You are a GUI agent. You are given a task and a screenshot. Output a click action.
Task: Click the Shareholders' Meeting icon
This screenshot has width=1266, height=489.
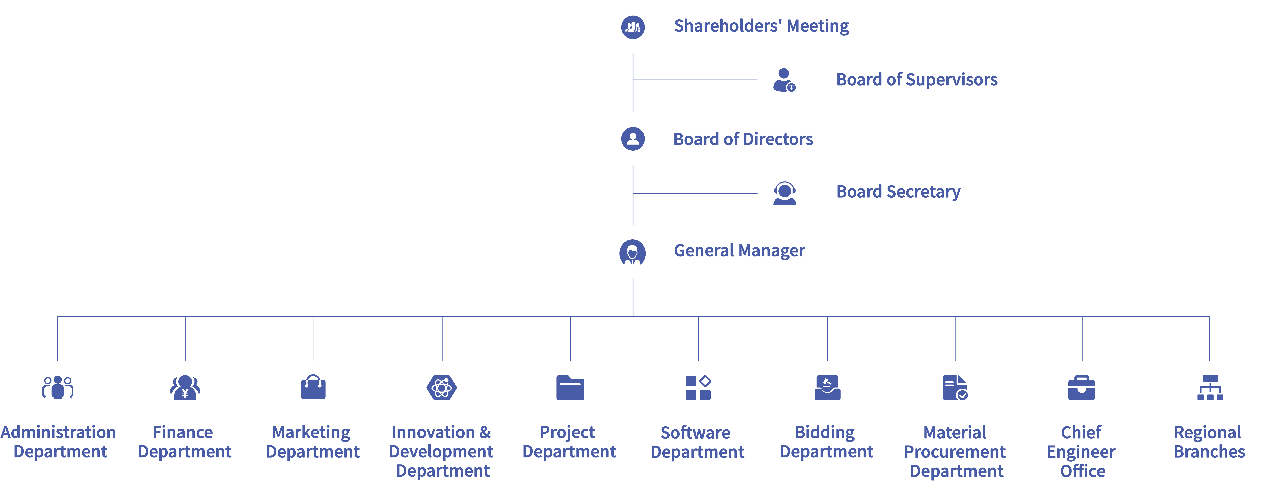coord(633,27)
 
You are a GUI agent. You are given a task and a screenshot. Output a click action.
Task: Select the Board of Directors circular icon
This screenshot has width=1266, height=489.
coord(633,139)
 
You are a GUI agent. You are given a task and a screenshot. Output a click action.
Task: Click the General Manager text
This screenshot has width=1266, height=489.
coord(739,251)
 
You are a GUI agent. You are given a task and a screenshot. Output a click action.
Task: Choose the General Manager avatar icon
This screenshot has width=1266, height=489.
coord(633,253)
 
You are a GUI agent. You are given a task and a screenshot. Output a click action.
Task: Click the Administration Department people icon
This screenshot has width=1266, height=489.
coord(57,387)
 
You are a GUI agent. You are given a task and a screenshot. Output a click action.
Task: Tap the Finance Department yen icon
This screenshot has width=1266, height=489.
coord(185,387)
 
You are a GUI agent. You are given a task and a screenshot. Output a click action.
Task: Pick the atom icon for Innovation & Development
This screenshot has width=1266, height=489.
coord(442,388)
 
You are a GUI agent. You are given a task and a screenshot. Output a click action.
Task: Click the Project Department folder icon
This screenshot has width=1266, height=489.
coord(570,388)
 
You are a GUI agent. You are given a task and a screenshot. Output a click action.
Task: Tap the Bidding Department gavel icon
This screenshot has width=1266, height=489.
coord(828,388)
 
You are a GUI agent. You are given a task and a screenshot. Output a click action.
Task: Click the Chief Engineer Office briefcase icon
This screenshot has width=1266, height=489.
coord(1082,388)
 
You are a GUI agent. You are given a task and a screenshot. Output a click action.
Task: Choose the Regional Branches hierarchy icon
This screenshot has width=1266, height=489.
coord(1210,388)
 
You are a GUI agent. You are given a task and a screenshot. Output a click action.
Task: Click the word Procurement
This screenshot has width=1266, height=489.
coord(955,452)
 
